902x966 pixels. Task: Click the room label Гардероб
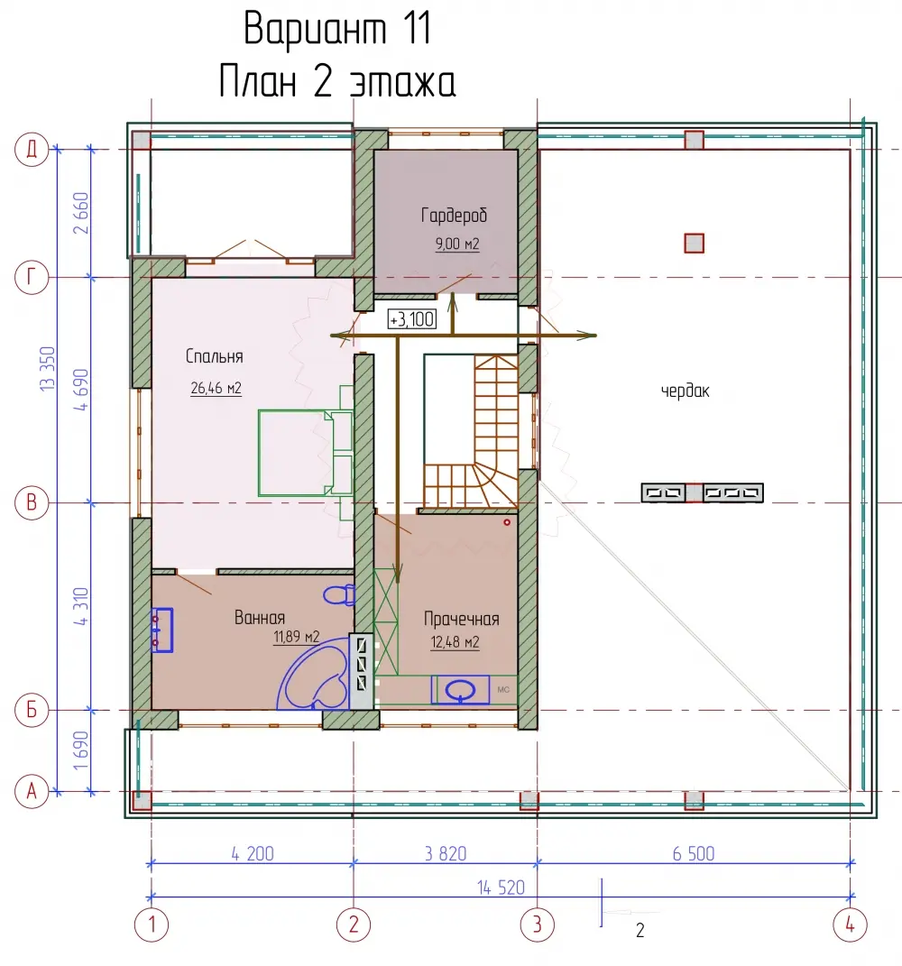[x=454, y=215]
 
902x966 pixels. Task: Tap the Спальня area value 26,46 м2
[x=216, y=388]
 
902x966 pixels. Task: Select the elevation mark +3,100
[x=412, y=319]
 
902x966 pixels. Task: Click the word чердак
[x=686, y=391]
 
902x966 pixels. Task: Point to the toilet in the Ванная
[x=339, y=595]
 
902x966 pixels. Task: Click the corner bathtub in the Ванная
[x=313, y=674]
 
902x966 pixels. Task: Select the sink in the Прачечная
[x=460, y=689]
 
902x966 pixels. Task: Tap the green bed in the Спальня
[x=305, y=453]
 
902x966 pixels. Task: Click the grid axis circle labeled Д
[x=32, y=149]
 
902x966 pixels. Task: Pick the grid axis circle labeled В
[x=32, y=502]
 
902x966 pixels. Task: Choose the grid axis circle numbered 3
[x=538, y=925]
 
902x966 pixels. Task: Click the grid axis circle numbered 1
[x=152, y=925]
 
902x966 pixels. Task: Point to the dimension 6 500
[x=694, y=853]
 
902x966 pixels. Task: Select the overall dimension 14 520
[x=501, y=888]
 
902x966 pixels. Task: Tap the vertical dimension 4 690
[x=80, y=390]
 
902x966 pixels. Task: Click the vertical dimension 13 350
[x=47, y=368]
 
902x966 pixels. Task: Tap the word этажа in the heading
[x=403, y=83]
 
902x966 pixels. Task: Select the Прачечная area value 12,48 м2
[x=455, y=642]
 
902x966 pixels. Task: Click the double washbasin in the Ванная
[x=162, y=630]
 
